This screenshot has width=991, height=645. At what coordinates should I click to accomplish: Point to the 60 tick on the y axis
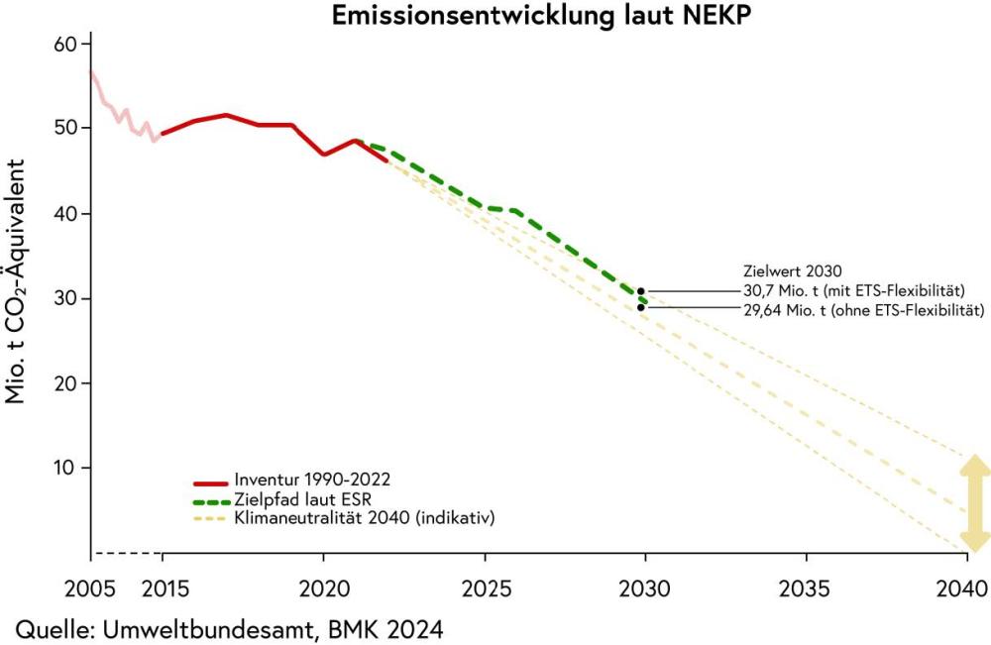point(64,45)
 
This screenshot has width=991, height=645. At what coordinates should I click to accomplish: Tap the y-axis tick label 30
point(64,298)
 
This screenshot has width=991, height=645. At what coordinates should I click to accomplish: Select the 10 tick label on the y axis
point(64,468)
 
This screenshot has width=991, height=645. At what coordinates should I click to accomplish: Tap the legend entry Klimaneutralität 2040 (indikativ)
point(365,517)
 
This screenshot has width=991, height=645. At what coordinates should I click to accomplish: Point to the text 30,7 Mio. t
point(789,291)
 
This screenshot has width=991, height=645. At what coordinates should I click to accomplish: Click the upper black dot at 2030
point(641,291)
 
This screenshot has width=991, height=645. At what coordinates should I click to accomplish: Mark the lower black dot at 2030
point(641,307)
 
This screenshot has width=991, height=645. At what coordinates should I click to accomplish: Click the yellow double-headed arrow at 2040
point(975,503)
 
